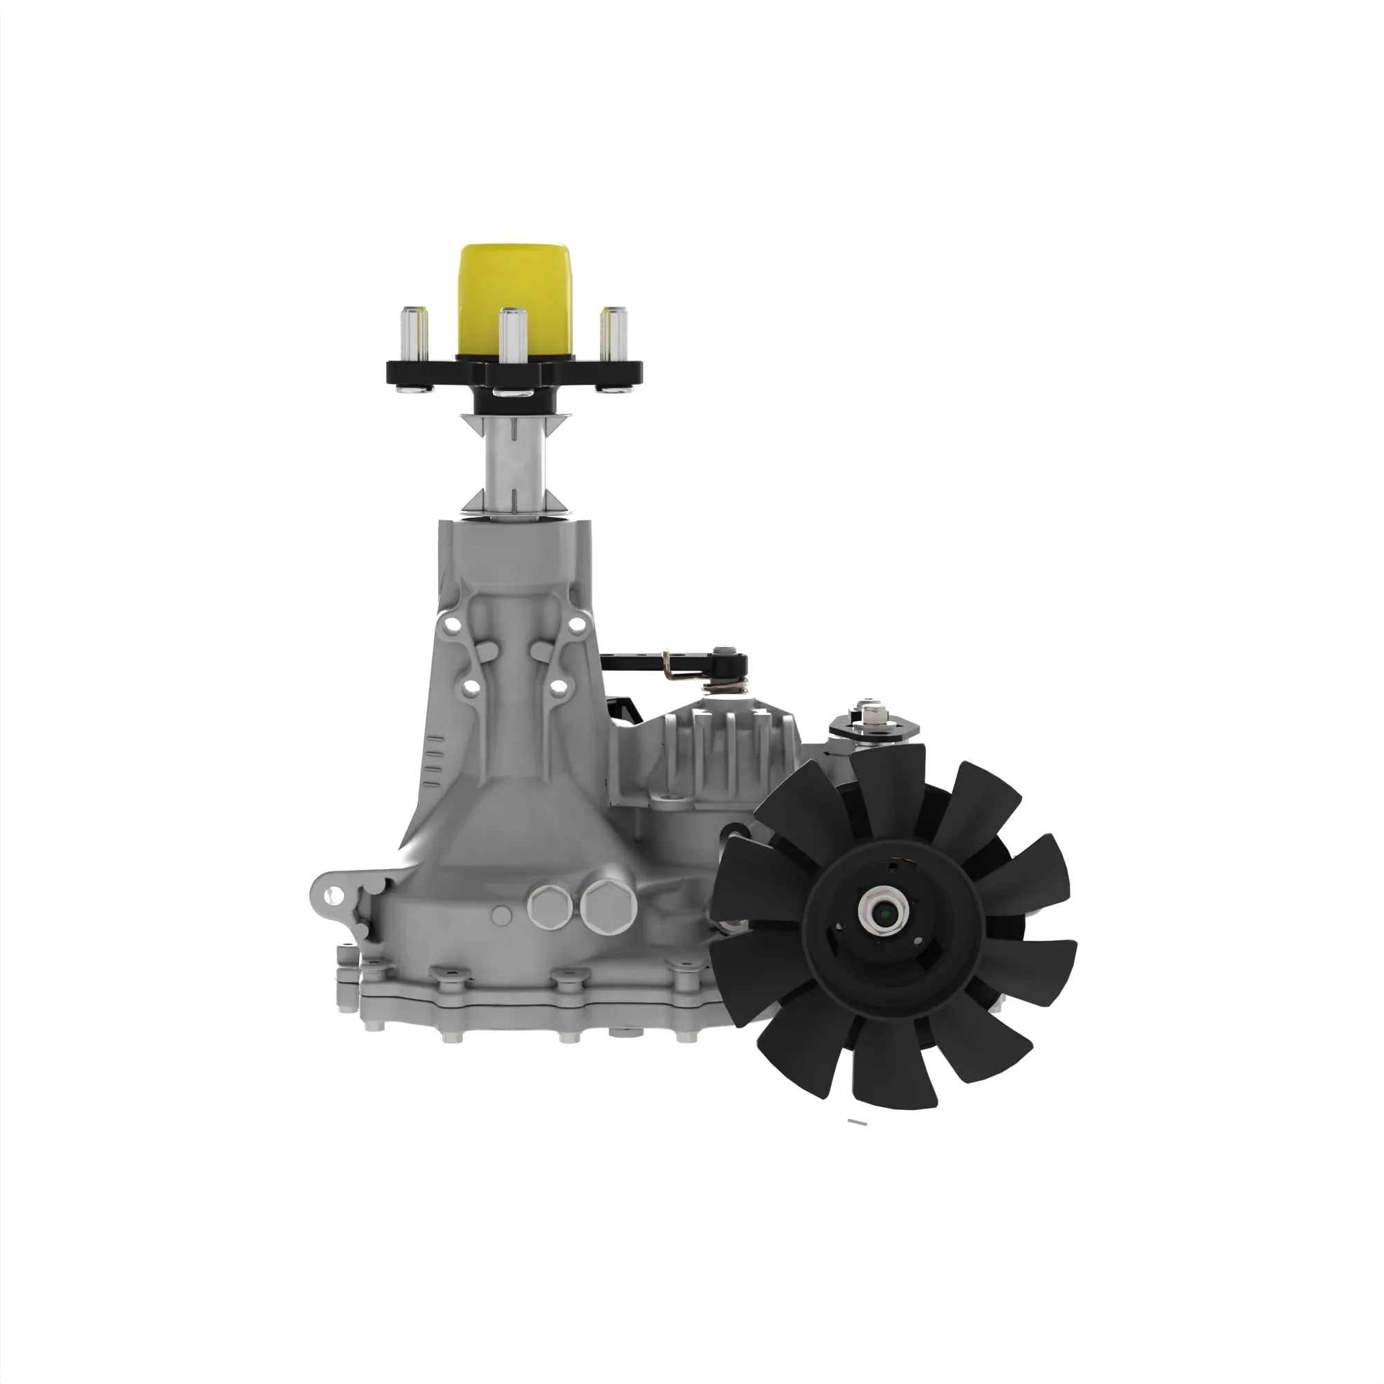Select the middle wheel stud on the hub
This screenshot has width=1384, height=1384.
click(x=512, y=337)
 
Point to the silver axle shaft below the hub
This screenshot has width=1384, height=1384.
click(x=514, y=463)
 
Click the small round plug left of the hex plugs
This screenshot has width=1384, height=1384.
click(x=502, y=915)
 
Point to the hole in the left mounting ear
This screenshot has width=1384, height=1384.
click(x=331, y=895)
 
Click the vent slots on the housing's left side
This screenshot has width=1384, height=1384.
click(x=431, y=760)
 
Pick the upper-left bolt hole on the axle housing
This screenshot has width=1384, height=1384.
click(x=450, y=626)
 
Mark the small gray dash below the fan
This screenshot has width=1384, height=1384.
click(x=857, y=1142)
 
